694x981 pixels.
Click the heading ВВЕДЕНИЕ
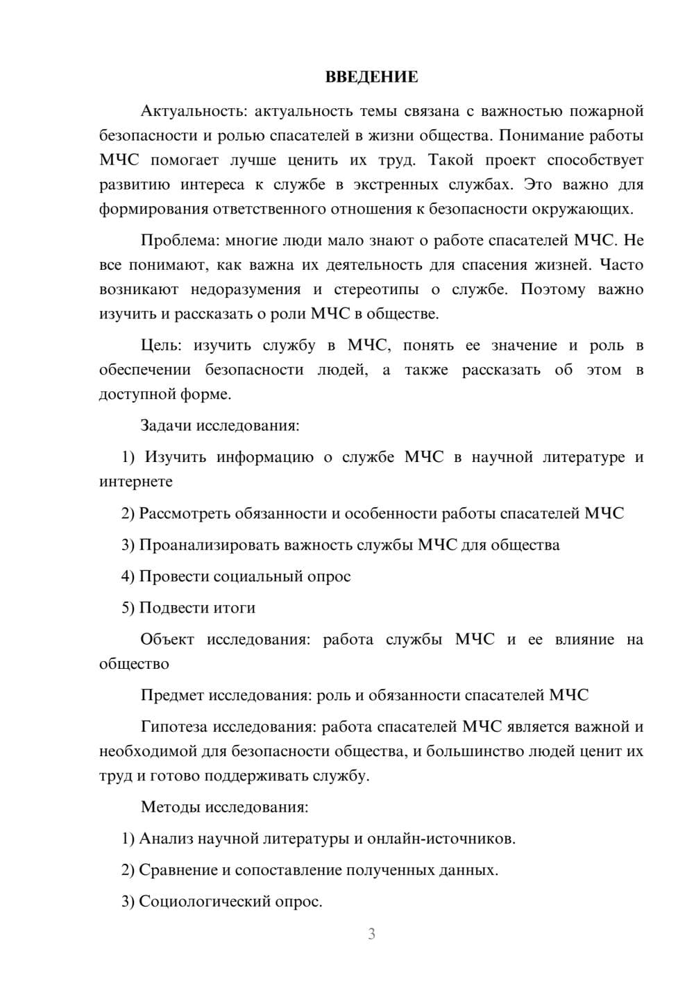tap(371, 77)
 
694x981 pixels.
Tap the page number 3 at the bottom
tap(371, 934)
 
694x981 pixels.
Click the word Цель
tap(161, 346)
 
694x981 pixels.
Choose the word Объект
tap(167, 640)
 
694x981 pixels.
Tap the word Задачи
tap(166, 425)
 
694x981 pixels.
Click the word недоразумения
tap(246, 289)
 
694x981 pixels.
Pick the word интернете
tap(136, 481)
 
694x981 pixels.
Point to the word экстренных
tap(396, 185)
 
